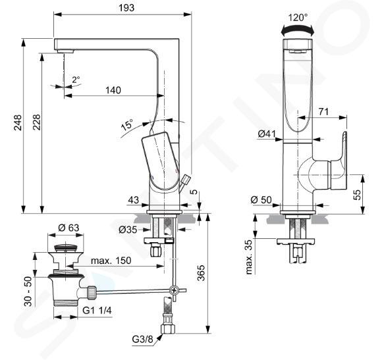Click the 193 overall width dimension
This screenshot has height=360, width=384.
coord(126,8)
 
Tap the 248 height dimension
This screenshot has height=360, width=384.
coord(17,122)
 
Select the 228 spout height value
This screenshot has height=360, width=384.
coord(36,122)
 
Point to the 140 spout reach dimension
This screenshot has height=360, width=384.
coord(113,90)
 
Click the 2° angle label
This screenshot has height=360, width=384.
coord(76,80)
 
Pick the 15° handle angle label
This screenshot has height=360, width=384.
coord(127,125)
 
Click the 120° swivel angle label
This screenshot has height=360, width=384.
coord(298,17)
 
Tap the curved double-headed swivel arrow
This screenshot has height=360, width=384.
coord(298,30)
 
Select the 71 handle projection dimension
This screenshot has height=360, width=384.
coord(323,112)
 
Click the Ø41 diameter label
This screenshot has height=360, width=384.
coord(267,134)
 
